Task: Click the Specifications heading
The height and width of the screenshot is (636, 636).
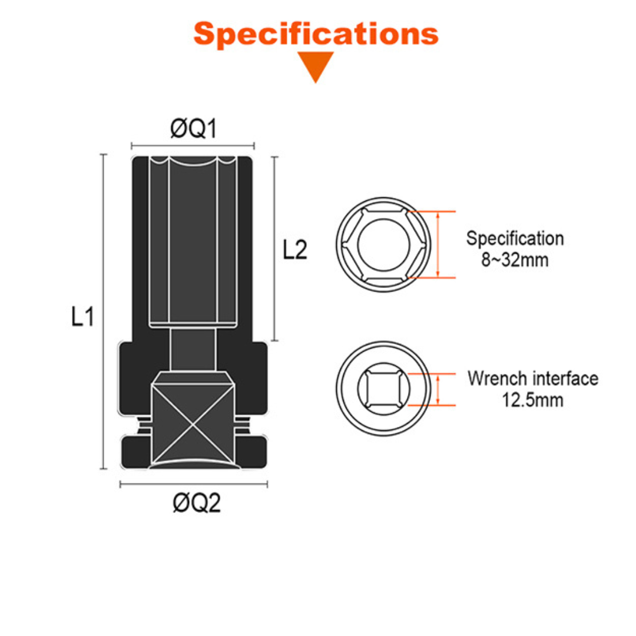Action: (x=316, y=34)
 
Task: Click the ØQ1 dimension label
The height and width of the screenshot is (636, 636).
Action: (x=193, y=129)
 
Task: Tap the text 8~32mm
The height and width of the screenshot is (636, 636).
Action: (x=514, y=260)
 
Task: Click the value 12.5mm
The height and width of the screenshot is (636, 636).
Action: (x=532, y=400)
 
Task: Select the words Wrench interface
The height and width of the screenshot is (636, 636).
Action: (x=533, y=379)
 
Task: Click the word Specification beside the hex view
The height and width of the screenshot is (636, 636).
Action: (x=515, y=238)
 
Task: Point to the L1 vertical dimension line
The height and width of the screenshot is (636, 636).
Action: (x=104, y=312)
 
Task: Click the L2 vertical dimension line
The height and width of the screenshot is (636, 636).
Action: (x=273, y=247)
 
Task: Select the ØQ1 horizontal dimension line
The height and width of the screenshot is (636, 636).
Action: (x=193, y=145)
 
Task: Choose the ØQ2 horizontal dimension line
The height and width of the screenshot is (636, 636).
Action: (x=194, y=485)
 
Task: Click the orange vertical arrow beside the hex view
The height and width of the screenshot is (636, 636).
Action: (x=438, y=244)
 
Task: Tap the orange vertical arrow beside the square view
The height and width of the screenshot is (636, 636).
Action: (x=438, y=389)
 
